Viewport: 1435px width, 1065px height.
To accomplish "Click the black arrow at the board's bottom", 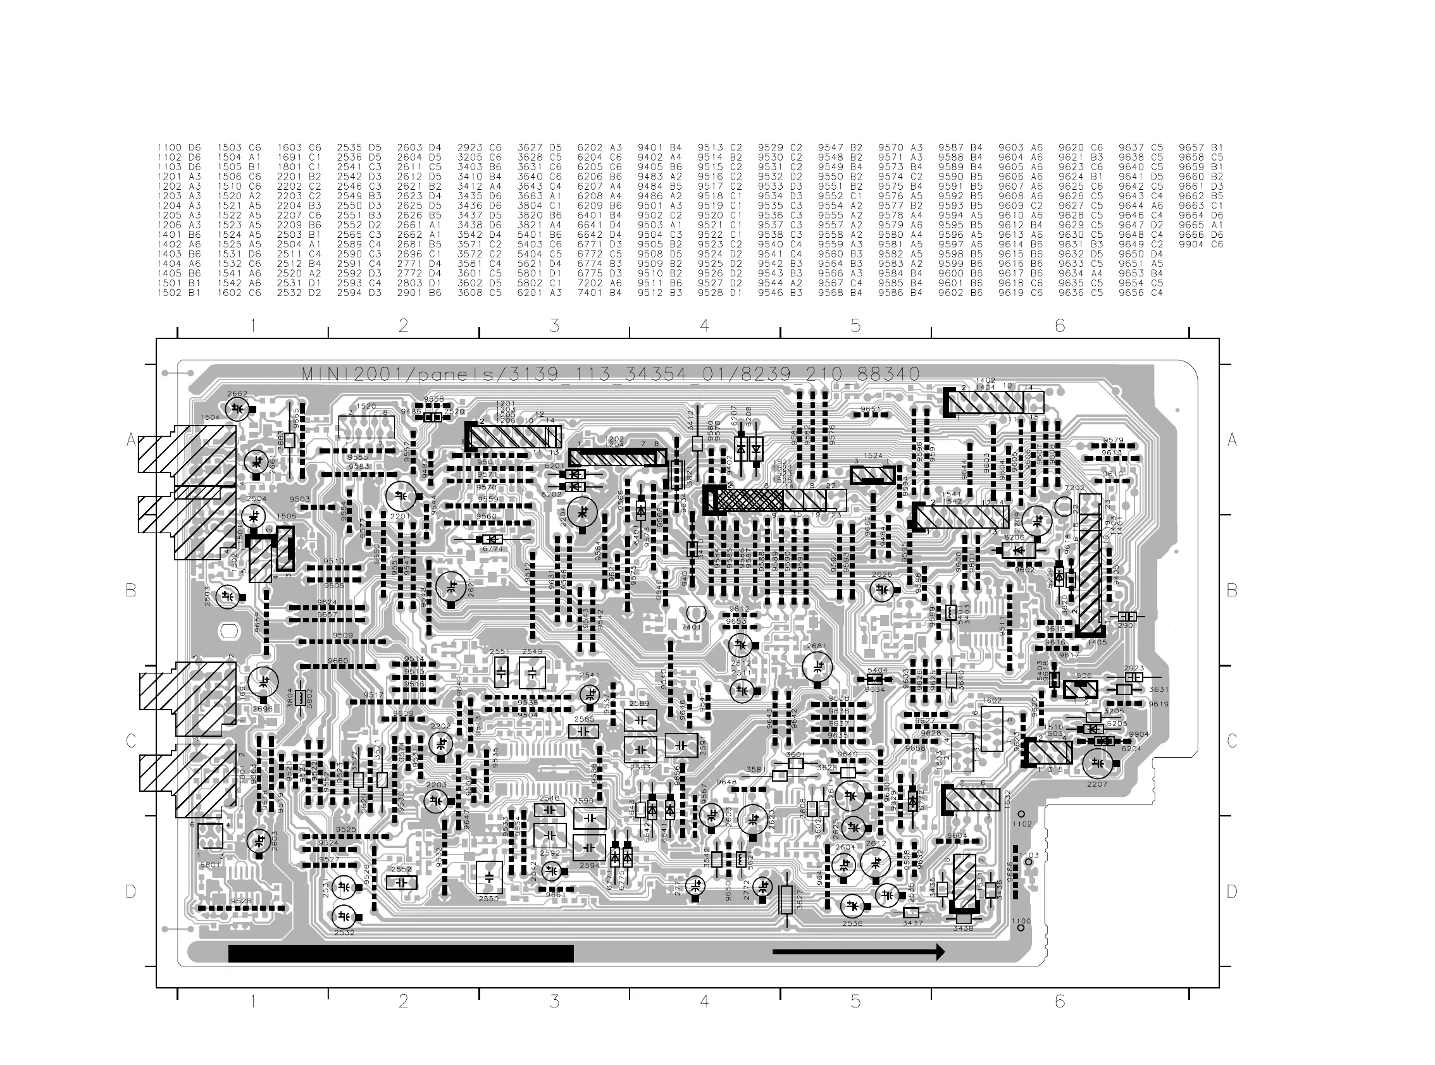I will point(858,952).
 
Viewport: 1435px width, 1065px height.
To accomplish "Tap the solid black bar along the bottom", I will point(401,954).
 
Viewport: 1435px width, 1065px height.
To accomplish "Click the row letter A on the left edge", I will point(131,440).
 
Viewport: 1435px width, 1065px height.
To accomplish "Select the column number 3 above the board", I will point(554,326).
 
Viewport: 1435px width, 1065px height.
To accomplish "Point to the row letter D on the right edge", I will point(1231,892).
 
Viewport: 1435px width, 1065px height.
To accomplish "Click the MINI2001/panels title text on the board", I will point(610,374).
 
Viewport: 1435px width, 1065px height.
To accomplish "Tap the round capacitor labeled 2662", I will point(237,408).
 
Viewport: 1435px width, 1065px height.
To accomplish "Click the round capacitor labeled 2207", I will point(1096,764).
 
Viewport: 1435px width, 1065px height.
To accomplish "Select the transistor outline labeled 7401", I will point(695,615).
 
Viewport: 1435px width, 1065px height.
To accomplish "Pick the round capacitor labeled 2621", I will point(451,587).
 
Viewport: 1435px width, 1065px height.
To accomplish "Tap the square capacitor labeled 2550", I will point(489,877).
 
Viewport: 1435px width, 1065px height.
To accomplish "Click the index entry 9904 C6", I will point(1201,244).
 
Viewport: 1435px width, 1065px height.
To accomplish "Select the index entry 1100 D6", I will point(178,147).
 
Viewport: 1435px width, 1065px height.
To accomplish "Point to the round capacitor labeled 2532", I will point(344,916).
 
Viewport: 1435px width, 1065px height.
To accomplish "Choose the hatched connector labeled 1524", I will point(873,475).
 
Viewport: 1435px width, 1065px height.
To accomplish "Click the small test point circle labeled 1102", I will point(1022,814).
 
